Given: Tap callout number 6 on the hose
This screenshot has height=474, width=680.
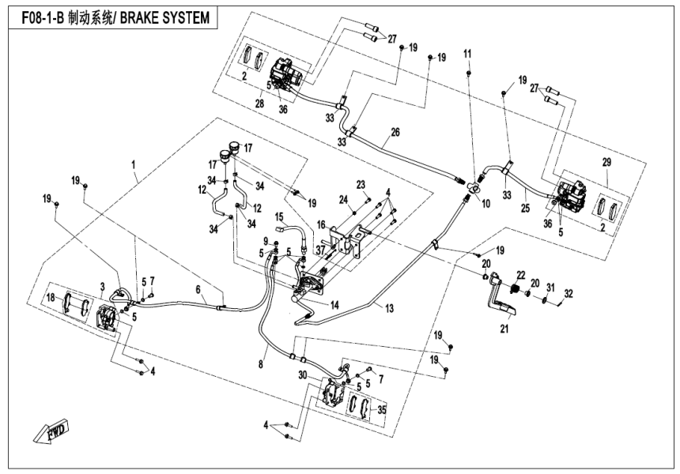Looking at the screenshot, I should [199, 290].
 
